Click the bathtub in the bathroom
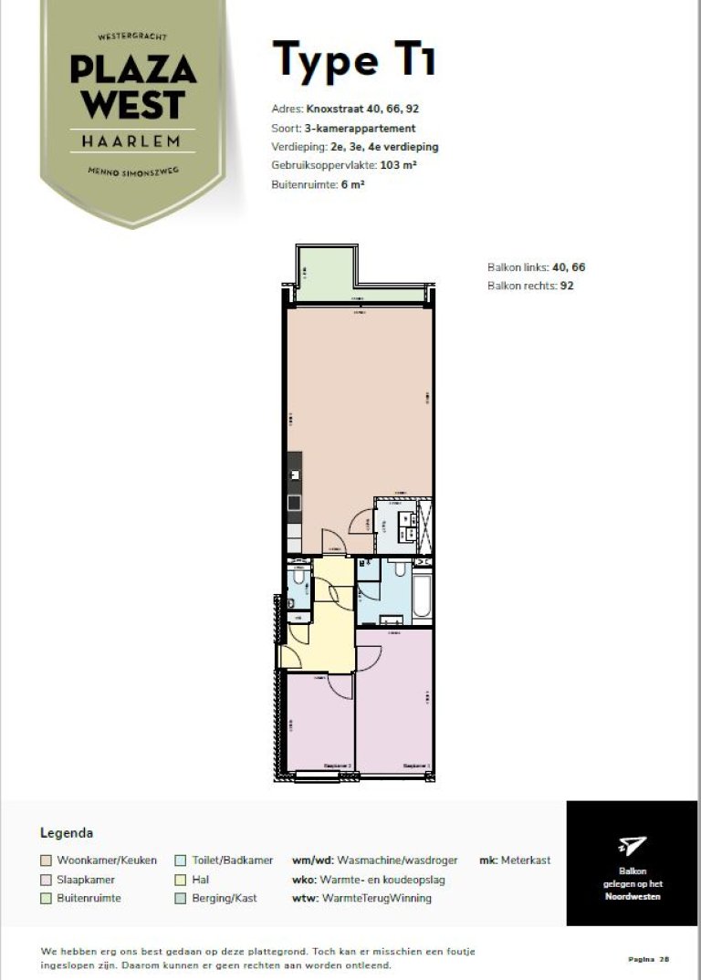coord(423,597)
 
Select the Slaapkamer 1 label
coord(416,766)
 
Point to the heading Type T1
coord(354,60)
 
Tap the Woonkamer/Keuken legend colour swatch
coord(46,860)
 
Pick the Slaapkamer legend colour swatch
coord(46,880)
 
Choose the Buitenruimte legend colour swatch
coord(46,899)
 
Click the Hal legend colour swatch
coord(183,880)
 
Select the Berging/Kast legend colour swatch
coord(183,899)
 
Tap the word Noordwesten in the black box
coord(632,896)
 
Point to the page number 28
coord(664,959)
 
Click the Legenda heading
coord(67,833)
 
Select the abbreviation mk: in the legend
coord(488,860)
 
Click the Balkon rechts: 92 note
coord(530,286)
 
